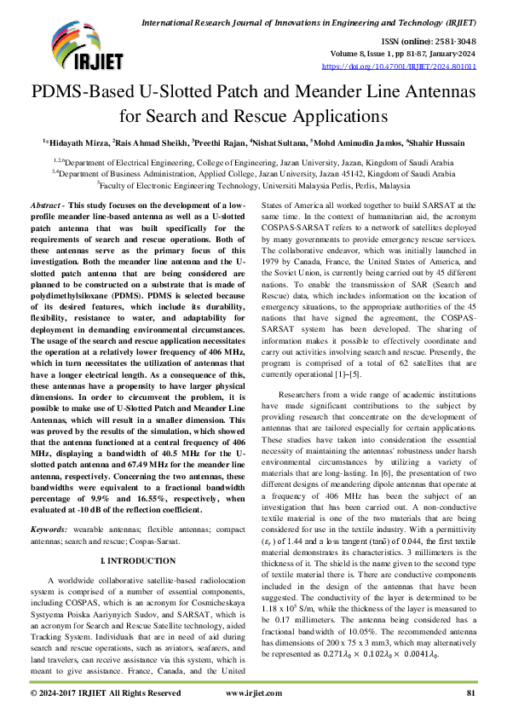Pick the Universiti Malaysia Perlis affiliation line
coord(253,183)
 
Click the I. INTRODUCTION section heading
coord(139,562)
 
